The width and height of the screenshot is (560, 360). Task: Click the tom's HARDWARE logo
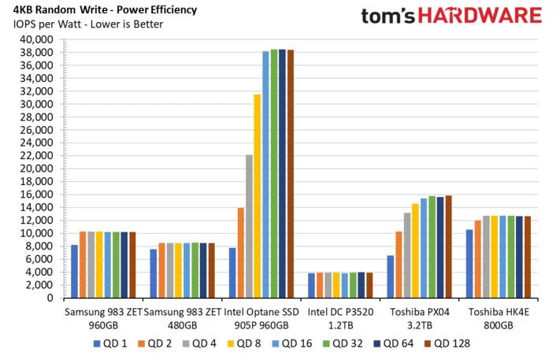click(x=451, y=16)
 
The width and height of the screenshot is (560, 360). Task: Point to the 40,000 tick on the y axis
click(x=38, y=39)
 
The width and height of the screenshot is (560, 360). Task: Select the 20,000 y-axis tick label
click(x=38, y=169)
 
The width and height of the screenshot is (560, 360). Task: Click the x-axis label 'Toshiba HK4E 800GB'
click(x=497, y=319)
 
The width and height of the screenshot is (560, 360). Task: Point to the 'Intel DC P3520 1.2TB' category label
click(x=339, y=319)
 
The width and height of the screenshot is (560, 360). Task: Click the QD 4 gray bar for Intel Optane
click(x=249, y=227)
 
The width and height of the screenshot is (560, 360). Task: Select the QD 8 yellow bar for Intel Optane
click(x=257, y=196)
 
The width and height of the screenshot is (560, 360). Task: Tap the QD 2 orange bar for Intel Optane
click(x=240, y=253)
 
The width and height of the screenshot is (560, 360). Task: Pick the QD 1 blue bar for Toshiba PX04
click(x=391, y=276)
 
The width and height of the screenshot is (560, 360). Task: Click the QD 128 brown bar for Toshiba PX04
click(x=448, y=247)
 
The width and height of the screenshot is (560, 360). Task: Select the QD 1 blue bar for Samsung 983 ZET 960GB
click(x=74, y=272)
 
